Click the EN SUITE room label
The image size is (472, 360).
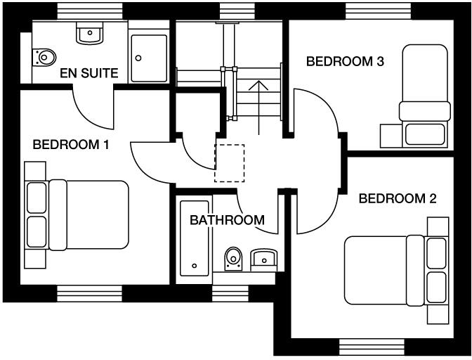(88, 72)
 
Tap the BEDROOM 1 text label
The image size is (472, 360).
(71, 145)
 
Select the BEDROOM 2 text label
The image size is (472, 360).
(398, 198)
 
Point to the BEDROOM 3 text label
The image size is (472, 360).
(345, 62)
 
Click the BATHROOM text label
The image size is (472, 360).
(228, 220)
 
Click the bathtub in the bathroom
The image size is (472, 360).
(195, 239)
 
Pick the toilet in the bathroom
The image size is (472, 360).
(233, 258)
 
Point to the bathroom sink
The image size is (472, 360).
(263, 259)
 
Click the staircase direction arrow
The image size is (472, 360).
(259, 105)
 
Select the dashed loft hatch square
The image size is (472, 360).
(229, 163)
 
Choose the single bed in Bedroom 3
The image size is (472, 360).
(424, 96)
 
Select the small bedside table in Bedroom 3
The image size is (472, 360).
(389, 136)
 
